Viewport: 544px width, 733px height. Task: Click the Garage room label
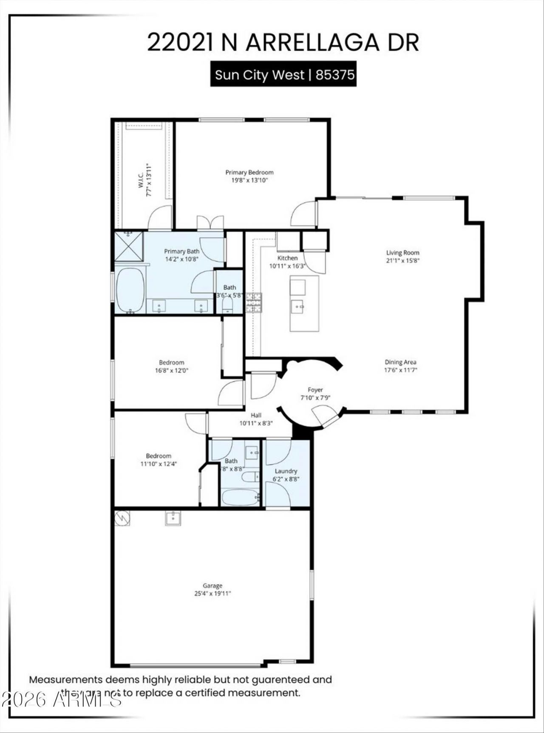click(x=212, y=586)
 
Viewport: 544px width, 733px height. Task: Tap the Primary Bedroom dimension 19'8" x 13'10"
click(x=249, y=180)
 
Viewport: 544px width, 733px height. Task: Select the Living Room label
click(x=402, y=252)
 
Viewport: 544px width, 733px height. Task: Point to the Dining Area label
click(x=400, y=362)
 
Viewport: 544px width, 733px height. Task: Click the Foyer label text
click(x=315, y=390)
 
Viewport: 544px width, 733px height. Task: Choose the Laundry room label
click(x=286, y=471)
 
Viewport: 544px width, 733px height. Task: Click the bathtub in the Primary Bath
click(x=130, y=290)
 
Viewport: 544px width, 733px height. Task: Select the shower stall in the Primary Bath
click(x=129, y=246)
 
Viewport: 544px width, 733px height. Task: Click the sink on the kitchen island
click(x=297, y=305)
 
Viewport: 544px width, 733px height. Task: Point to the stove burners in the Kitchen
click(x=253, y=303)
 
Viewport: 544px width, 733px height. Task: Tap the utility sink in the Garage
click(x=173, y=518)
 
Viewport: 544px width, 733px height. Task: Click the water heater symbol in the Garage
click(x=122, y=518)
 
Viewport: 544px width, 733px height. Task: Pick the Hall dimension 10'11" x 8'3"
click(x=256, y=423)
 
